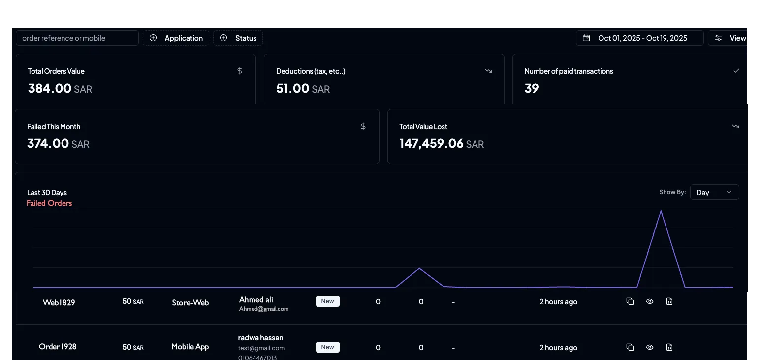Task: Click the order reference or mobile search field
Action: coord(77,38)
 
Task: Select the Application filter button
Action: coord(176,38)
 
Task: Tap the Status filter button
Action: coord(238,38)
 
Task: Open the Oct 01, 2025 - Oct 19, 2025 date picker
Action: coord(639,38)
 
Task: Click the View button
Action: coord(731,38)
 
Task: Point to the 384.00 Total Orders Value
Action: coord(50,89)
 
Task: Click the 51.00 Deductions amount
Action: coord(293,89)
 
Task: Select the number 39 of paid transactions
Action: coord(532,89)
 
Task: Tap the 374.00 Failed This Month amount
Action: coord(48,144)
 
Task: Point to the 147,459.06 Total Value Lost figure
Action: coord(431,144)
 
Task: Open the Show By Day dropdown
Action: coord(714,193)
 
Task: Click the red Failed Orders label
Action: coord(49,203)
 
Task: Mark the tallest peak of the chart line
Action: coord(661,211)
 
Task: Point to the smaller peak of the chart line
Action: coord(419,268)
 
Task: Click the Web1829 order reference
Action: coord(59,302)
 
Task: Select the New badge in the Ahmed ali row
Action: coord(327,301)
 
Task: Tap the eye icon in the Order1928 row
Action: coord(650,347)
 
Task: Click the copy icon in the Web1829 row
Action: coord(630,301)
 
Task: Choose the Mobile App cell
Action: coord(190,347)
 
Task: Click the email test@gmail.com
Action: coord(261,348)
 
